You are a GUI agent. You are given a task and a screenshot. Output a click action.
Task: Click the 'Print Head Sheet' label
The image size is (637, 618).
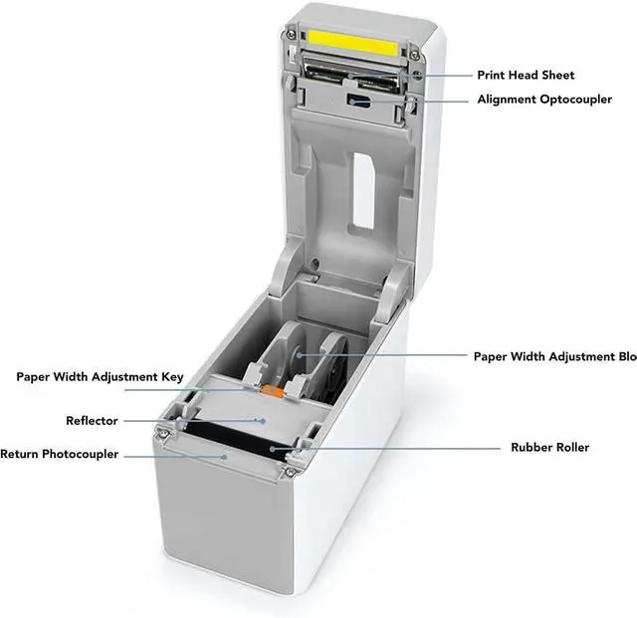pos(526,75)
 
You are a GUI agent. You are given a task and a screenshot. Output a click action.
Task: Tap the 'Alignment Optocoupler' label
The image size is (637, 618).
pos(544,100)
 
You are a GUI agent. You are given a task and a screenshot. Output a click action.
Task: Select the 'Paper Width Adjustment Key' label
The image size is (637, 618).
pos(100,377)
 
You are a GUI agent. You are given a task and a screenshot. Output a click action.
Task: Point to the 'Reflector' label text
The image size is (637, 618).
pos(93,421)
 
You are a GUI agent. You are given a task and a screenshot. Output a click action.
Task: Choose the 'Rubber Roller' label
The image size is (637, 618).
pos(549,448)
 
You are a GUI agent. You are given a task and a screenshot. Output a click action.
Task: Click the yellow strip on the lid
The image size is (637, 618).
pos(353,41)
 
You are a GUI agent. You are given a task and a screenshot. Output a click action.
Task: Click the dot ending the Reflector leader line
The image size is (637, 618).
pos(263,420)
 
